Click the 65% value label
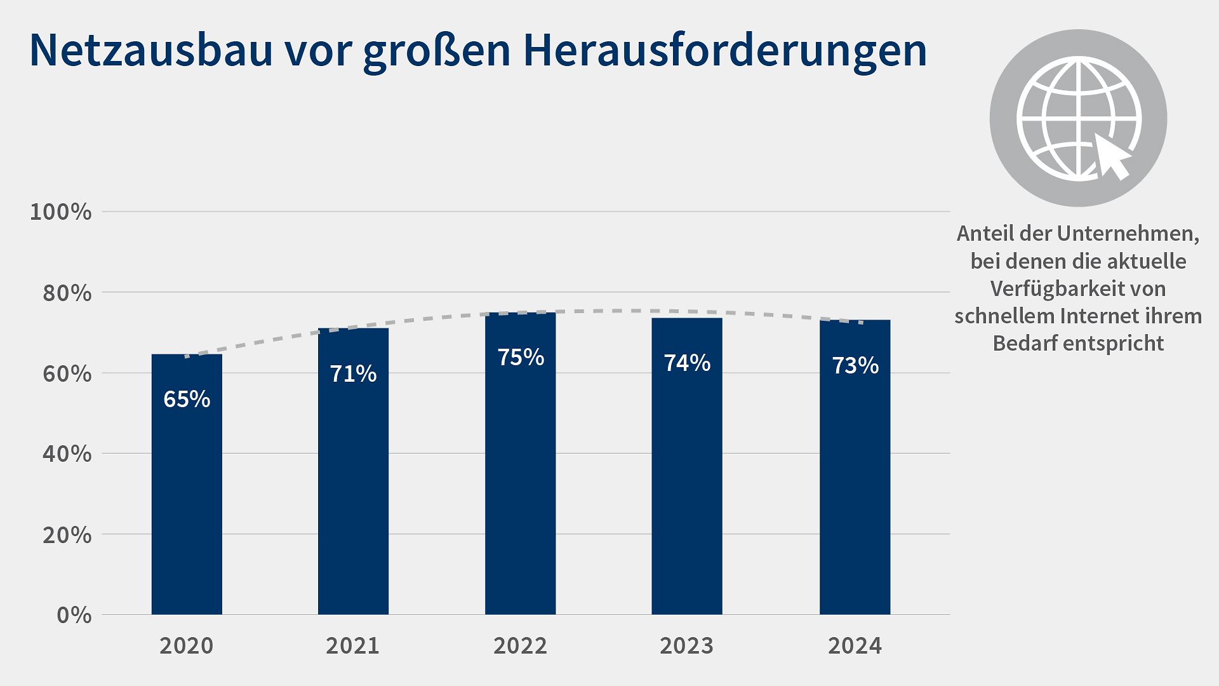(187, 399)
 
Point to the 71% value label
(353, 373)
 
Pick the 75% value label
(521, 357)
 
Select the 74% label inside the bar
(687, 363)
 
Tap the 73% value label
(855, 365)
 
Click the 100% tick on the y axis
(61, 212)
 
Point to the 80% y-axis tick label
(67, 293)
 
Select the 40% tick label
(67, 454)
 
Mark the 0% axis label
(74, 615)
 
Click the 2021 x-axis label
(353, 646)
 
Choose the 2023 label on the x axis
(687, 646)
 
